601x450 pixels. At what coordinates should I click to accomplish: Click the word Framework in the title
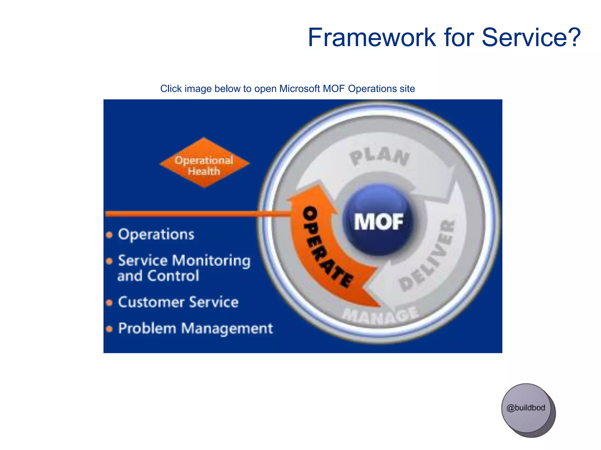(x=372, y=37)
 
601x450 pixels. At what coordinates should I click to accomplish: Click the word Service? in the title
(x=531, y=37)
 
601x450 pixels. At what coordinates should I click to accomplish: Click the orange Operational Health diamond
(x=204, y=163)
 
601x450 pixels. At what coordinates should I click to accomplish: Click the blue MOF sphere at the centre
(x=379, y=220)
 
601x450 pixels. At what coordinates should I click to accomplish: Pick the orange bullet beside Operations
(x=109, y=235)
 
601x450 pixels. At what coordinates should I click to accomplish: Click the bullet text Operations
(x=156, y=234)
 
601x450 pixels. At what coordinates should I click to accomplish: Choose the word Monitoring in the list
(x=214, y=261)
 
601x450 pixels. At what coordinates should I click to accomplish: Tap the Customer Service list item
(x=178, y=302)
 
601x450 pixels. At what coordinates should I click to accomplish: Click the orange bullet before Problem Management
(x=109, y=329)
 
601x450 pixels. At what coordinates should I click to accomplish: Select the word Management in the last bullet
(x=227, y=328)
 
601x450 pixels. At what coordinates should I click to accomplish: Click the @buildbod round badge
(x=526, y=408)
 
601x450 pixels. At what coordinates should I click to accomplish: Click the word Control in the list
(x=173, y=276)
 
